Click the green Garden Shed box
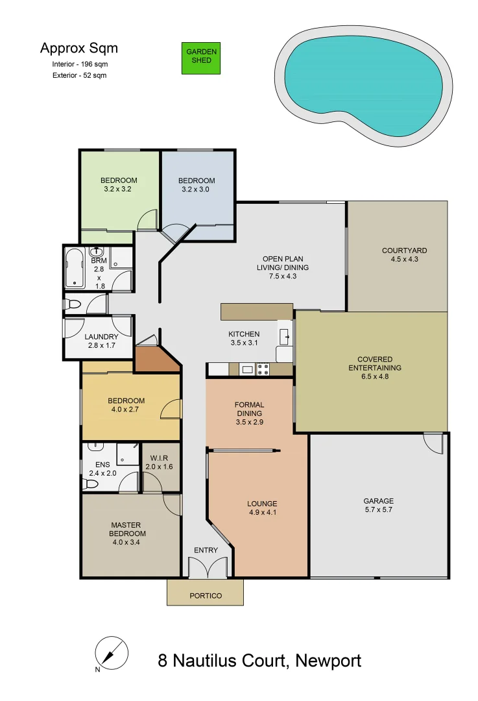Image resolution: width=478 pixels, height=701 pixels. click(200, 56)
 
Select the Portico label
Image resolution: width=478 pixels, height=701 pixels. click(206, 596)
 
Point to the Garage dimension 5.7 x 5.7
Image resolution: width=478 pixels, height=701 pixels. click(378, 510)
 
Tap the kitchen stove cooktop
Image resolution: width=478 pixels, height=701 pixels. click(263, 370)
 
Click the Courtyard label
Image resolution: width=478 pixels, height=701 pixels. click(404, 251)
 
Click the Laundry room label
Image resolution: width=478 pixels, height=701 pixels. click(101, 337)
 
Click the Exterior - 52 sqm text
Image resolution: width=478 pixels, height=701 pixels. click(79, 75)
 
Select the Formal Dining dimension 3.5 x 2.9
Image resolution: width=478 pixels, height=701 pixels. click(249, 422)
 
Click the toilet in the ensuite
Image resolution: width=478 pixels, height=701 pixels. click(92, 484)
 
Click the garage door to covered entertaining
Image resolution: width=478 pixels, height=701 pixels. click(433, 443)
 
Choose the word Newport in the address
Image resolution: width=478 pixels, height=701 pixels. click(328, 661)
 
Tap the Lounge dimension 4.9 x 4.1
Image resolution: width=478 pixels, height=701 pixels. click(262, 513)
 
